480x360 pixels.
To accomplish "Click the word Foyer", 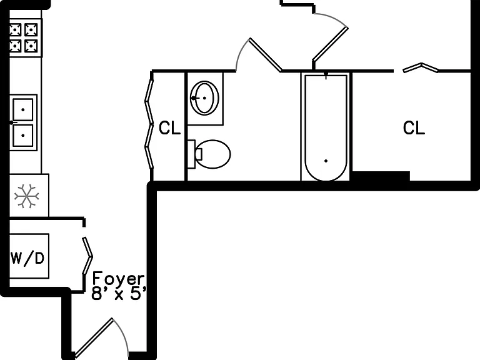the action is point(118,279).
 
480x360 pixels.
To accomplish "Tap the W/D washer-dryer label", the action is point(27,258).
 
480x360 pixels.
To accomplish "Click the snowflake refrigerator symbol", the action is point(27,196).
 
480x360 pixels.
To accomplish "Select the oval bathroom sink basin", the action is point(204,98).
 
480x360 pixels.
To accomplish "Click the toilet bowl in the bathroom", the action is point(213,154).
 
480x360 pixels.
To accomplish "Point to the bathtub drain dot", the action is point(326,161).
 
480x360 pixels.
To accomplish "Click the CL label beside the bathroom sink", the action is point(170,128).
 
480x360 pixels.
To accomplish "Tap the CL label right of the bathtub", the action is point(414,127).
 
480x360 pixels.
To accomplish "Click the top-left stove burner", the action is point(15,30).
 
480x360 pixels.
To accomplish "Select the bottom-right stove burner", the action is point(31,46).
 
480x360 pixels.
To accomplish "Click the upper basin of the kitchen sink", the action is point(23,109).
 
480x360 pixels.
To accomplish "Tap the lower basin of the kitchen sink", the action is point(23,135).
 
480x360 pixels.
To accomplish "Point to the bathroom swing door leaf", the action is point(265,55).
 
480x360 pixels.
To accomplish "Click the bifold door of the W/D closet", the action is point(87,256).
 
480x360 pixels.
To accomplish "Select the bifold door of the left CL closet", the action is point(149,124).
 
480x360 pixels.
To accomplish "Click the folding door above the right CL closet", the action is point(421,67).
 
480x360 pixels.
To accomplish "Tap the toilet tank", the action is point(191,154).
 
